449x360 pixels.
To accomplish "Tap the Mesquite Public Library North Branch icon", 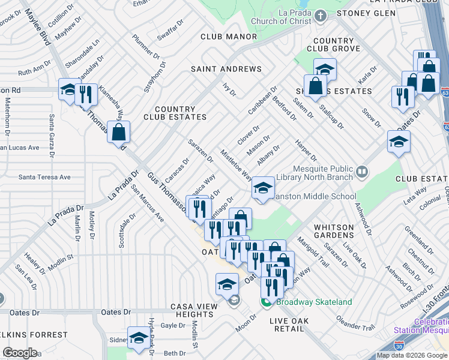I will (361, 173).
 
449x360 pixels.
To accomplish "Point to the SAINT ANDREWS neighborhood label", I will (226, 69).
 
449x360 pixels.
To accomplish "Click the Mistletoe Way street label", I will (236, 166).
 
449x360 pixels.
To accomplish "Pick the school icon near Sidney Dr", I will (139, 338).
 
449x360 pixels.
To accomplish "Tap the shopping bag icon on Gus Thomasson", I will (119, 132).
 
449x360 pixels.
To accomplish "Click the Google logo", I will (20, 353).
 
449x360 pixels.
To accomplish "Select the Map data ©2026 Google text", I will (411, 355).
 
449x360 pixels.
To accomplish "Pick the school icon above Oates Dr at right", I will (399, 142).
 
